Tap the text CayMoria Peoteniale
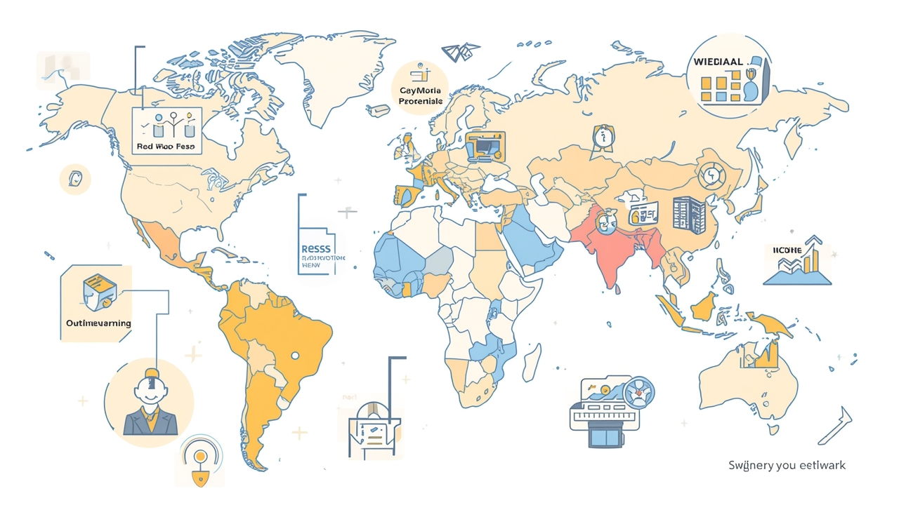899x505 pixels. point(420,96)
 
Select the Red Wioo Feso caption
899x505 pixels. point(166,147)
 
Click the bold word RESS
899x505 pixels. point(315,248)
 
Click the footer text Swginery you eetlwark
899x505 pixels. point(787,465)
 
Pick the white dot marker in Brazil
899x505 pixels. point(295,355)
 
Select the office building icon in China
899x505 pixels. point(688,213)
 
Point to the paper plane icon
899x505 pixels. point(459,52)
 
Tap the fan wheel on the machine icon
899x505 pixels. point(638,392)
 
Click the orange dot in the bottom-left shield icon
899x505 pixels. point(201,457)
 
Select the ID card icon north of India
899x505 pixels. point(642,209)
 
